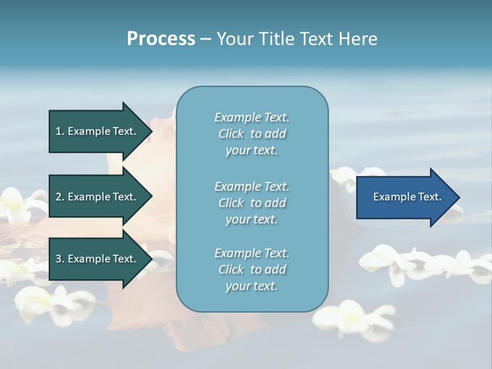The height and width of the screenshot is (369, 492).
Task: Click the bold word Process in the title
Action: pyautogui.click(x=161, y=39)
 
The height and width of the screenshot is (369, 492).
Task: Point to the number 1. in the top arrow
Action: pyautogui.click(x=60, y=131)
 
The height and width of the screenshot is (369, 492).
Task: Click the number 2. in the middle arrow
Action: pyautogui.click(x=60, y=197)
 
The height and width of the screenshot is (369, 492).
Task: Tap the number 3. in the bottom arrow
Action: pyautogui.click(x=60, y=259)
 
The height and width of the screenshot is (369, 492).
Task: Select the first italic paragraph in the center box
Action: pyautogui.click(x=252, y=134)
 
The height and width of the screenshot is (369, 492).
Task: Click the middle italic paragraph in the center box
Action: pyautogui.click(x=252, y=202)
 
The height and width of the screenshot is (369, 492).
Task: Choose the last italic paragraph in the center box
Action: pyautogui.click(x=252, y=270)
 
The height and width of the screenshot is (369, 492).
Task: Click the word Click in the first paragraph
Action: pyautogui.click(x=231, y=134)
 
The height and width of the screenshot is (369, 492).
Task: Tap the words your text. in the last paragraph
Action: pyautogui.click(x=252, y=286)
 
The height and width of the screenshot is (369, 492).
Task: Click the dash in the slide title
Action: pyautogui.click(x=206, y=39)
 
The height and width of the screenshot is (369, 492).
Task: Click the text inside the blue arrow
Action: pyautogui.click(x=407, y=197)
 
